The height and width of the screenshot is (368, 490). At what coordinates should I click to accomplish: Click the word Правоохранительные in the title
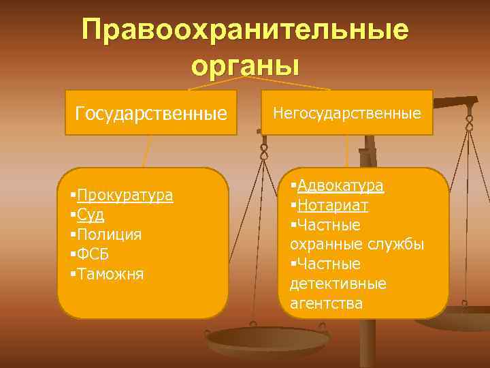pos(245,30)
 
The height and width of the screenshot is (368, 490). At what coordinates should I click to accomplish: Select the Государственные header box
pos(151,112)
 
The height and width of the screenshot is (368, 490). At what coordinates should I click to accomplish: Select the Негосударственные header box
pos(347,112)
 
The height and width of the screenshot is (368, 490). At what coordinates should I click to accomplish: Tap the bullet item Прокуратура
pos(125,196)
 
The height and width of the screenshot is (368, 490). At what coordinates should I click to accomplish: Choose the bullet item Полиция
pos(110,235)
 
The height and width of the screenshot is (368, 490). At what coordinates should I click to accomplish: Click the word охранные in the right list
pos(325,244)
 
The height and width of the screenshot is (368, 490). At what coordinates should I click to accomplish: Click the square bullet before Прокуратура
pos(72,196)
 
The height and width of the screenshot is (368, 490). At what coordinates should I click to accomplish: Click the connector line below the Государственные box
pos(146,150)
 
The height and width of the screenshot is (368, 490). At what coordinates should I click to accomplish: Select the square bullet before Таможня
pos(72,274)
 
